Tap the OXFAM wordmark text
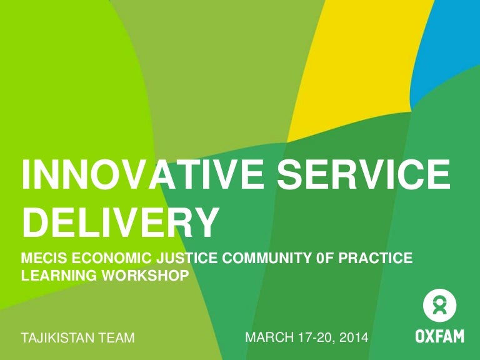pos(440,337)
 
